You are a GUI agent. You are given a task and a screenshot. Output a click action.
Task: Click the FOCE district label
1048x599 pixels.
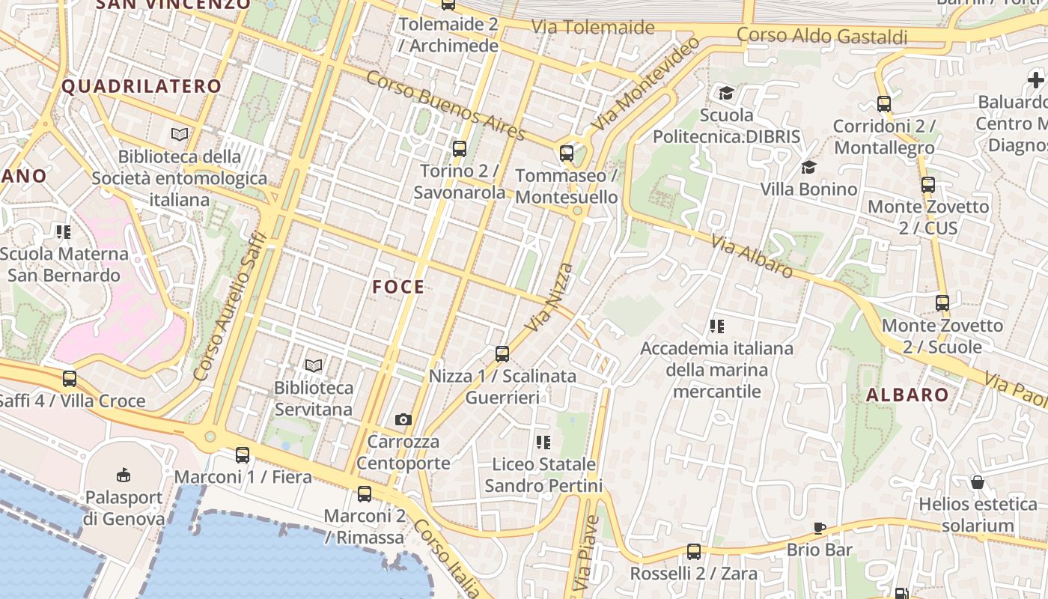(398, 287)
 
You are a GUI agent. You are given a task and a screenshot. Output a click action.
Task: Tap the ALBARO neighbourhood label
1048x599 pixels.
(907, 395)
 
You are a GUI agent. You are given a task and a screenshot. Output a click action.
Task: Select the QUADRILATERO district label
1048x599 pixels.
(141, 86)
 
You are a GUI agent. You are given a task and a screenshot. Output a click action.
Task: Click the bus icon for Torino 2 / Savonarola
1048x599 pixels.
(460, 148)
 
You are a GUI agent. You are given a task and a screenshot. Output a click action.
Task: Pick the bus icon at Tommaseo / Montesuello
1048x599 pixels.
(567, 153)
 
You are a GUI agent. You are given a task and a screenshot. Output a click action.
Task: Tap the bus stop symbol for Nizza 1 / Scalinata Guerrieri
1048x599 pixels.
(502, 353)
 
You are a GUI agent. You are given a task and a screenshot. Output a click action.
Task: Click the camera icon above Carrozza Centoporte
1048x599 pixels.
(403, 419)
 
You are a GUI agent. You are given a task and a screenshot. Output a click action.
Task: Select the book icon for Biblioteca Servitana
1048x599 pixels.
(314, 365)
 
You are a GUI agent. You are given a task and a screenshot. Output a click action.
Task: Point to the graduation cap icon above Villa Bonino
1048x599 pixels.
(808, 167)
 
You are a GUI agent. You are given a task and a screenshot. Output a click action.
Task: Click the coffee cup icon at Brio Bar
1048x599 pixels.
(820, 528)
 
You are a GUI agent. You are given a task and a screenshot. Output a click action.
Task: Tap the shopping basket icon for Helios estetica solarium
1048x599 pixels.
(977, 481)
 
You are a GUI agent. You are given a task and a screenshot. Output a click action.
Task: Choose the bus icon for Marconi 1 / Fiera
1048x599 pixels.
(243, 454)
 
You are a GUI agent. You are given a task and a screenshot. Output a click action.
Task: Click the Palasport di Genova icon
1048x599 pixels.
(124, 475)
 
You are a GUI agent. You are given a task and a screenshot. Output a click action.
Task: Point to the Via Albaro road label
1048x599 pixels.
(752, 256)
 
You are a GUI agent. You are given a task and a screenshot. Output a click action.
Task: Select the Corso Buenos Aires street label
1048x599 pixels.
(446, 106)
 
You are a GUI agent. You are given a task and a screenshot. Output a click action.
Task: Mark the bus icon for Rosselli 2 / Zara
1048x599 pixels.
(694, 552)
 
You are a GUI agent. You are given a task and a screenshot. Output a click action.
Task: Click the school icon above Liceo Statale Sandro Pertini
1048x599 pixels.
(543, 442)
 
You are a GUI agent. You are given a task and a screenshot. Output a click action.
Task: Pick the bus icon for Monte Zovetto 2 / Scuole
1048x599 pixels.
(942, 302)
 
